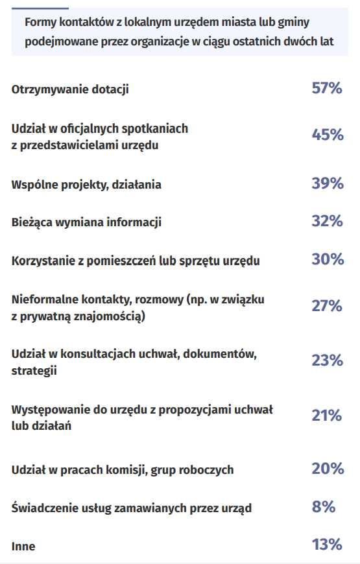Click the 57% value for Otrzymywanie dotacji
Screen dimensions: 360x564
(x=327, y=88)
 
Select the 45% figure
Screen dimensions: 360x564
(x=328, y=135)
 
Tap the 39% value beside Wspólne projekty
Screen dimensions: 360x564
(x=328, y=183)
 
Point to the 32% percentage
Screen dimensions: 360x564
(x=327, y=221)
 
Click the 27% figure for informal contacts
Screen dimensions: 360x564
(x=327, y=306)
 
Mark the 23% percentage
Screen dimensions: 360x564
(x=327, y=360)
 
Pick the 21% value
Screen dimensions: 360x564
(x=327, y=416)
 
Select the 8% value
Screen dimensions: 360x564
(x=324, y=506)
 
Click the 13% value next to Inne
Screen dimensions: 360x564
(x=327, y=545)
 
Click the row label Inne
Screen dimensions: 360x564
(x=23, y=546)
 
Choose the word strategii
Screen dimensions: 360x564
(x=34, y=371)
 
